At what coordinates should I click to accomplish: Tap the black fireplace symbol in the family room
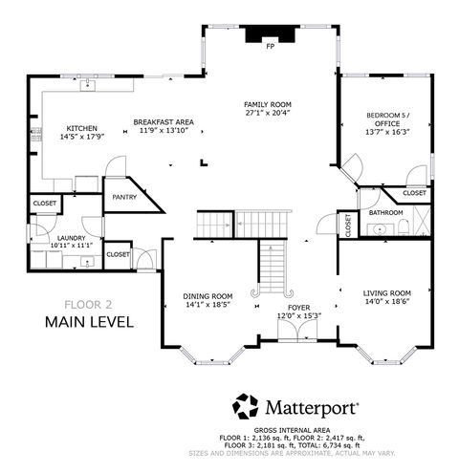268,34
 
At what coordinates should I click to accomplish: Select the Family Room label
268,104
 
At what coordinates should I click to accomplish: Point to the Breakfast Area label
164,121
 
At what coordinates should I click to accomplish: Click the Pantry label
124,198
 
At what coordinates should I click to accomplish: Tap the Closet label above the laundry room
45,204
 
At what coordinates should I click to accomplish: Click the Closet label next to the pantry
119,254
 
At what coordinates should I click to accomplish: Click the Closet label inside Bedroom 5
414,193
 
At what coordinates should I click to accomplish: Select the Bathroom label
386,212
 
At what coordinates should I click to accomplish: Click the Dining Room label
208,296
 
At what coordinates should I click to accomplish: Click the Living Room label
387,292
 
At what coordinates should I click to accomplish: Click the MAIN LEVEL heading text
88,322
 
